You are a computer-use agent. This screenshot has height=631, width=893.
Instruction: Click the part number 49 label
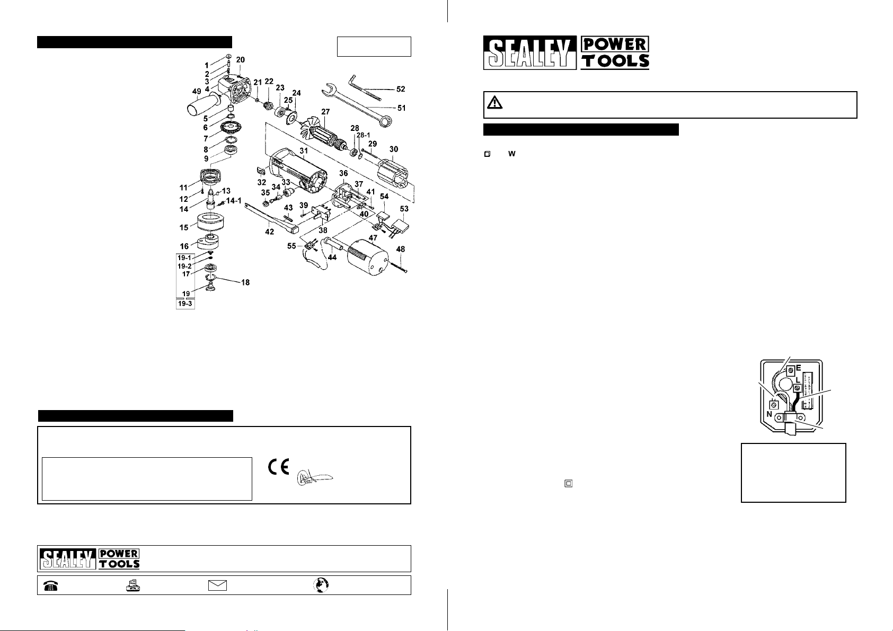tap(196, 91)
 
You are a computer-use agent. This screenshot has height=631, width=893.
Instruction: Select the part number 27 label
tap(325, 112)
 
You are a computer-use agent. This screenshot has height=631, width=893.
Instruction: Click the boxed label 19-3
tap(185, 304)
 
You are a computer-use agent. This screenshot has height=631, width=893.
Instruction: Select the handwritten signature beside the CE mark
tap(314, 476)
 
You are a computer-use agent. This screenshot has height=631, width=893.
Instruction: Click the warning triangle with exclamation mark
tap(495, 103)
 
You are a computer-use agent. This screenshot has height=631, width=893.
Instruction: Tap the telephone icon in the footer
tap(51, 585)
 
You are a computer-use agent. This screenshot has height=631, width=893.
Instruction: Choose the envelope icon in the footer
tap(217, 585)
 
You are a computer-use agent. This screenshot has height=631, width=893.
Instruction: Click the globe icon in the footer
tap(321, 585)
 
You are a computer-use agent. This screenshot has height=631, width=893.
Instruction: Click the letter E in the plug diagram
tap(798, 366)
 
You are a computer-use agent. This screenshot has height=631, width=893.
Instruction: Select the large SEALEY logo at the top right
tap(529, 53)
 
